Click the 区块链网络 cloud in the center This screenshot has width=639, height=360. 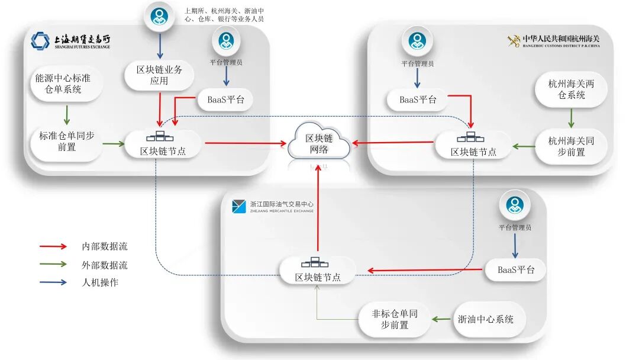coord(319,143)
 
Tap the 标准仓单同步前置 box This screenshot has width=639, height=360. coord(67,141)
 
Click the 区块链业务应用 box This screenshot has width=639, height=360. coord(160,75)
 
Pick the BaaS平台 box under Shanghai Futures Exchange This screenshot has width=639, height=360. coord(225,99)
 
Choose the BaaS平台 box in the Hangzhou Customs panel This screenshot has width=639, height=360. coord(418,99)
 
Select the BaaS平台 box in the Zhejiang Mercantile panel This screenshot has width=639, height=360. coord(516,270)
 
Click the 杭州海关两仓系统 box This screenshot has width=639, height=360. coord(572,89)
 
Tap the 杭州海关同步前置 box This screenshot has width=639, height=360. coord(572,146)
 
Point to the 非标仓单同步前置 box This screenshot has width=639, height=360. coord(395,319)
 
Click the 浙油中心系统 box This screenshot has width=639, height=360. coord(485,319)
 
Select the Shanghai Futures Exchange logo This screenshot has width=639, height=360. coord(40,41)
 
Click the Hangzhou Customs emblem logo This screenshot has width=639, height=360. coord(513,40)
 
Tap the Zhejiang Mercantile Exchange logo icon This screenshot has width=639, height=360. coord(238,206)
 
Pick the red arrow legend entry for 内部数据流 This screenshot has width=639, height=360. coord(53,246)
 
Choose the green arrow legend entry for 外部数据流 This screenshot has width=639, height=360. coord(53,265)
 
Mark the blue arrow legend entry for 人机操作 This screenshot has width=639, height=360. coord(53,282)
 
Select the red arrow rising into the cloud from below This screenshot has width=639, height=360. coord(319,207)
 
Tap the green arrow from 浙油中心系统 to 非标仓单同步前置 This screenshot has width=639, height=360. coord(440,319)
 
